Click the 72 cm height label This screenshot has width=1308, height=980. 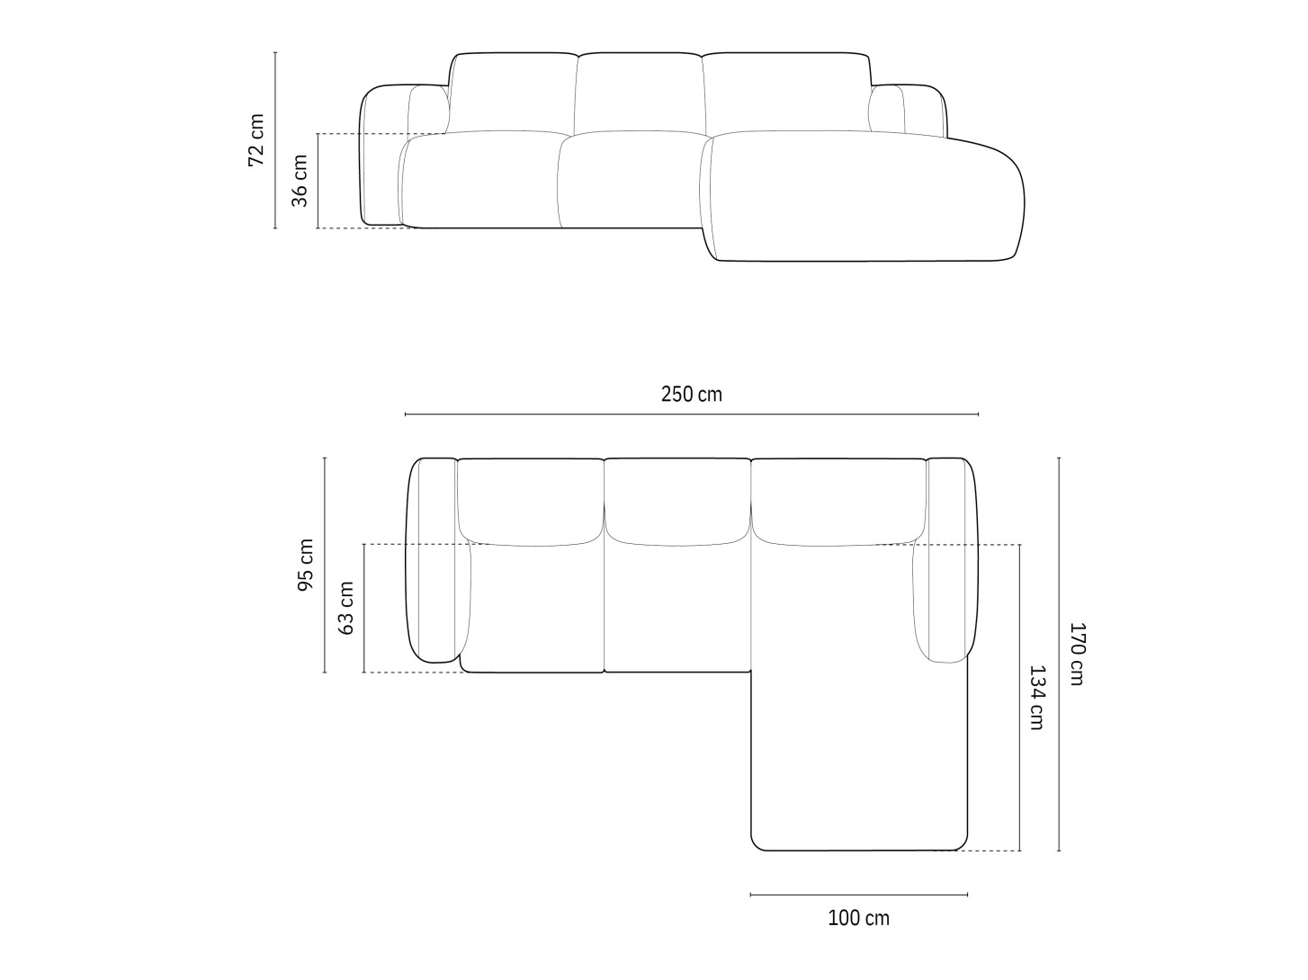(256, 140)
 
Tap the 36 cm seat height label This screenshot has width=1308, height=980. (300, 181)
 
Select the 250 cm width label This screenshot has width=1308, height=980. (691, 394)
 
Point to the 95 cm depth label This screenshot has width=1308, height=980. (305, 565)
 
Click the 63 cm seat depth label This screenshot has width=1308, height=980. (345, 609)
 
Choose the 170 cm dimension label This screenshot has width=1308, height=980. (1077, 654)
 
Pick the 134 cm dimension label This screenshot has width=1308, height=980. (1037, 698)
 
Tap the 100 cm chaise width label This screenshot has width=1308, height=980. (859, 918)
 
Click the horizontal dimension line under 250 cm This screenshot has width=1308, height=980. (691, 414)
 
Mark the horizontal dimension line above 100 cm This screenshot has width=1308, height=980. (859, 895)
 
